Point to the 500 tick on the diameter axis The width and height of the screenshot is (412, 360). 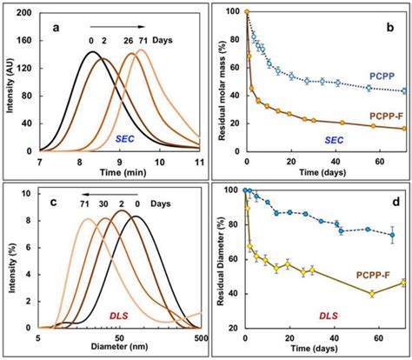[199, 337]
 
